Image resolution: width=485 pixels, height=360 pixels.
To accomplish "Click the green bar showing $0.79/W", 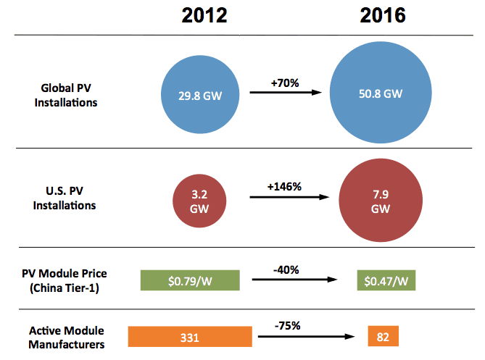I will coord(189,281).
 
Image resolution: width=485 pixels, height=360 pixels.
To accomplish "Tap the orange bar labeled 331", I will coord(190,337).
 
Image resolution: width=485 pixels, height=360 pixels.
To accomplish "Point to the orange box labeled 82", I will coord(381,337).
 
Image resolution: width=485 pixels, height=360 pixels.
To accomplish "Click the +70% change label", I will coord(285,83).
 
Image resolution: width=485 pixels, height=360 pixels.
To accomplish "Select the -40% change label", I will coord(285,269).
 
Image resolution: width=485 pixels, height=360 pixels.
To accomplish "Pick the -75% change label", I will coord(289,325).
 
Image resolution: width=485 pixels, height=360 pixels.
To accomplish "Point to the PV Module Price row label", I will coord(68,280).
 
